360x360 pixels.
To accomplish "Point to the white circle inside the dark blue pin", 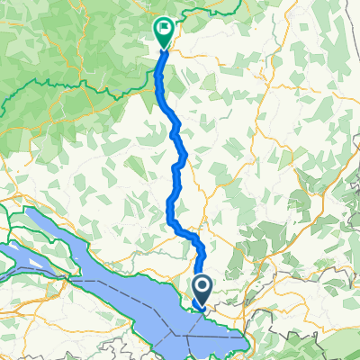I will (x=202, y=287).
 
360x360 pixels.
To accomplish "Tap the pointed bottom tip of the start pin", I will (x=202, y=305).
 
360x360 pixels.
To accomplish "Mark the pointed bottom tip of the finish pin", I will (x=163, y=47).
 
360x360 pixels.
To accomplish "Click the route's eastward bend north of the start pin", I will (x=193, y=236).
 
